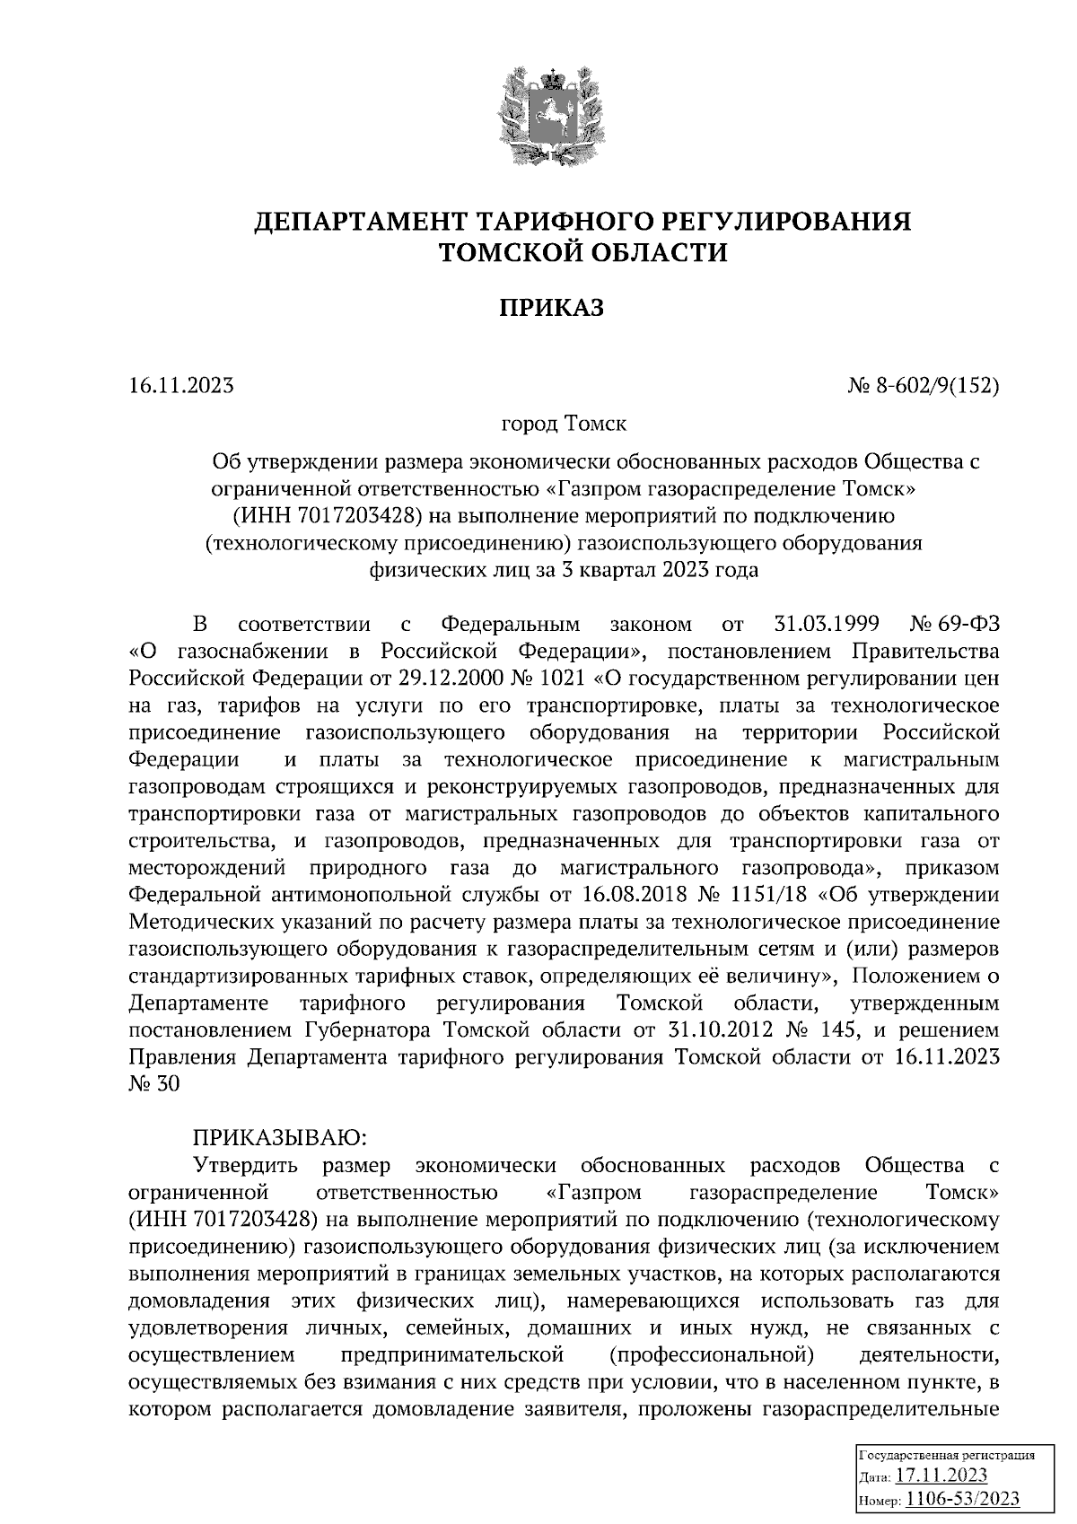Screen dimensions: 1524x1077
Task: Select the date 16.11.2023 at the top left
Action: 181,386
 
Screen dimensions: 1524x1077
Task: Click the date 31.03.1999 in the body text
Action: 825,624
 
